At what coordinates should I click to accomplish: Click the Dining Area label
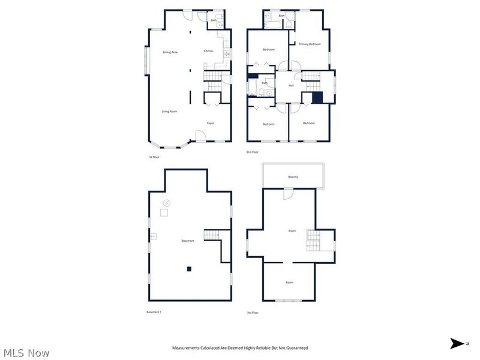pyautogui.click(x=170, y=52)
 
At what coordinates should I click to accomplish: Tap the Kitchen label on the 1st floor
pyautogui.click(x=208, y=51)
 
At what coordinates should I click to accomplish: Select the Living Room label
pyautogui.click(x=169, y=112)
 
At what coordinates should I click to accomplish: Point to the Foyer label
pyautogui.click(x=211, y=123)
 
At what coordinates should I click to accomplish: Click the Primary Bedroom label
pyautogui.click(x=310, y=44)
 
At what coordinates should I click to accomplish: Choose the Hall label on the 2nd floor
pyautogui.click(x=291, y=85)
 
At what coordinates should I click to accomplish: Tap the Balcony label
pyautogui.click(x=293, y=177)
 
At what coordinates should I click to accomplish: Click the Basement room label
pyautogui.click(x=188, y=241)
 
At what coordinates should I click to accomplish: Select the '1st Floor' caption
pyautogui.click(x=154, y=157)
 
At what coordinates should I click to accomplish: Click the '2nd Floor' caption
pyautogui.click(x=253, y=153)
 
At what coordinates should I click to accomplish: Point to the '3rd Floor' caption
pyautogui.click(x=253, y=313)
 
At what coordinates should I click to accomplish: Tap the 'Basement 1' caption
pyautogui.click(x=154, y=312)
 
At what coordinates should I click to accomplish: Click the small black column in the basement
pyautogui.click(x=189, y=269)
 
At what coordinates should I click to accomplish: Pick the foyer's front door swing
pyautogui.click(x=202, y=136)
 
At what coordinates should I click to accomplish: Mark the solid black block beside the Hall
pyautogui.click(x=317, y=98)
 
